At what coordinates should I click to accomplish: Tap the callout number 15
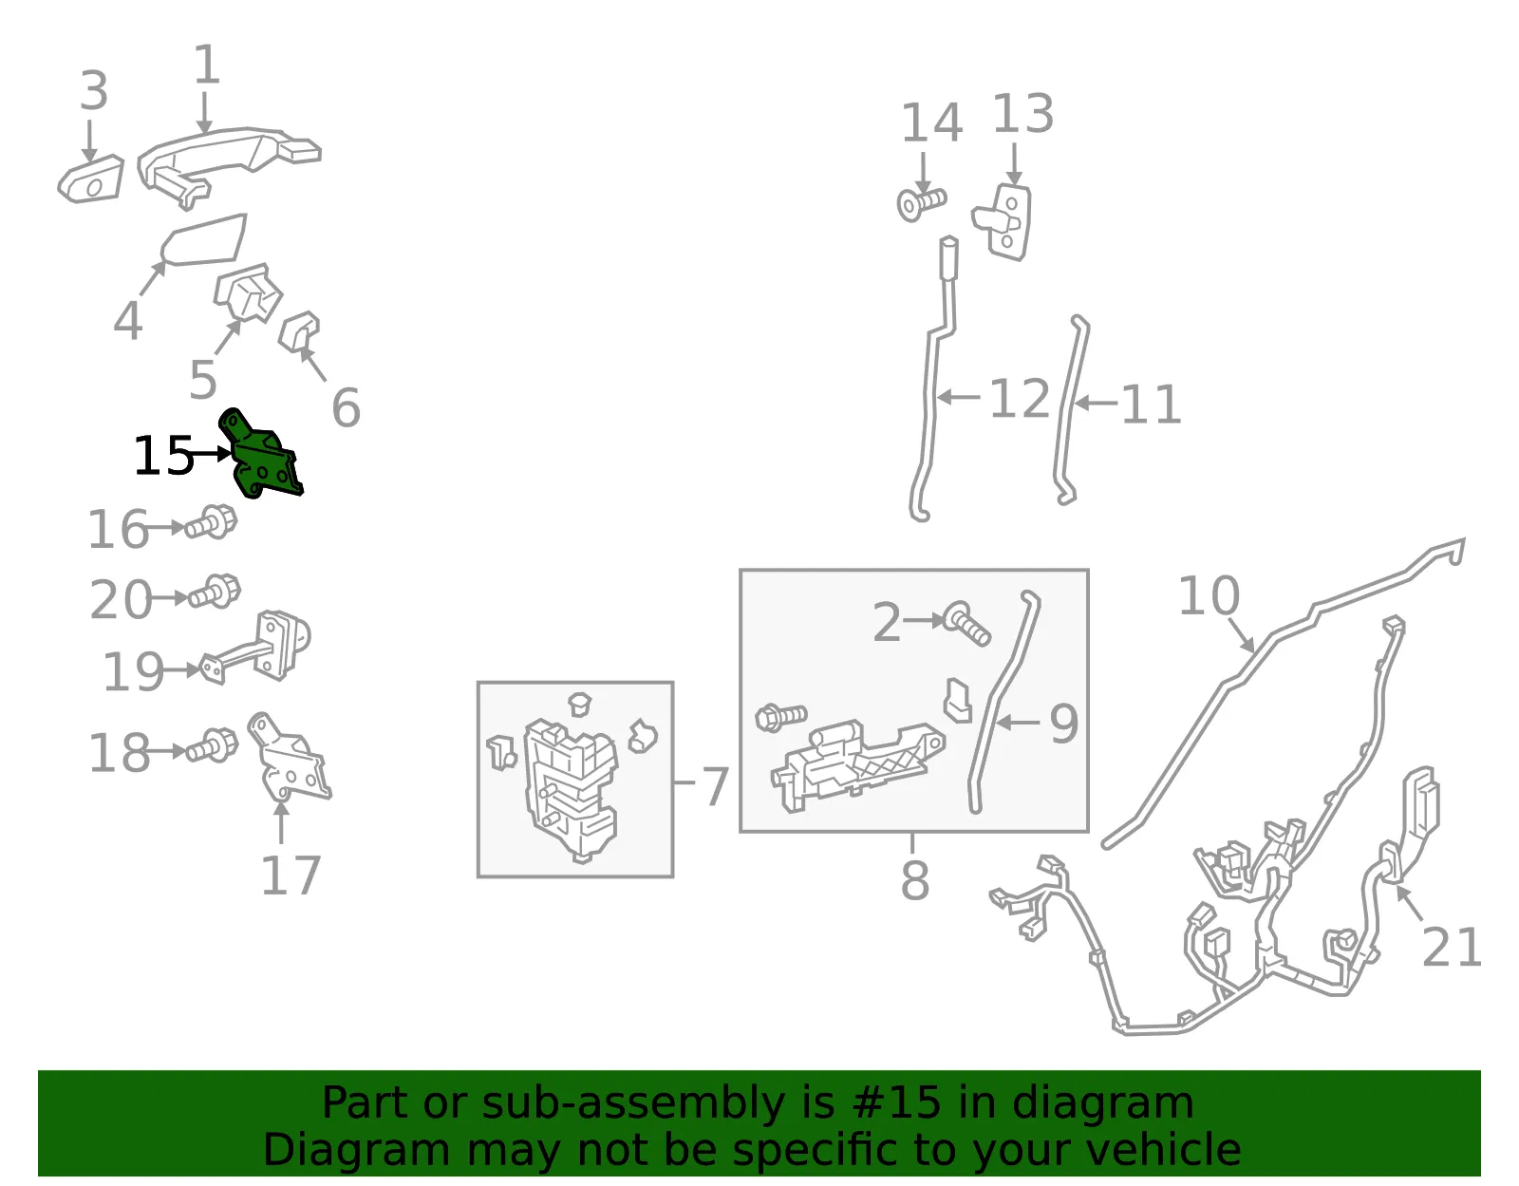click(x=163, y=456)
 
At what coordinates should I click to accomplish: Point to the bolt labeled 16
click(x=211, y=523)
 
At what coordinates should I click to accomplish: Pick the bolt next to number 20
click(x=214, y=592)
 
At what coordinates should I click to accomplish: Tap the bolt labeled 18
click(x=213, y=745)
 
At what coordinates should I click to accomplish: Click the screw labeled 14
click(x=921, y=204)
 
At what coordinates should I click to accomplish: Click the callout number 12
click(x=1020, y=399)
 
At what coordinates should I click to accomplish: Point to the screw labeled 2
click(x=966, y=624)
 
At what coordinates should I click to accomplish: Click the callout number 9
click(x=1063, y=724)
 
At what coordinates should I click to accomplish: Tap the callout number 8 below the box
click(x=915, y=880)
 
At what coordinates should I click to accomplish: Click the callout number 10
click(x=1209, y=595)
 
